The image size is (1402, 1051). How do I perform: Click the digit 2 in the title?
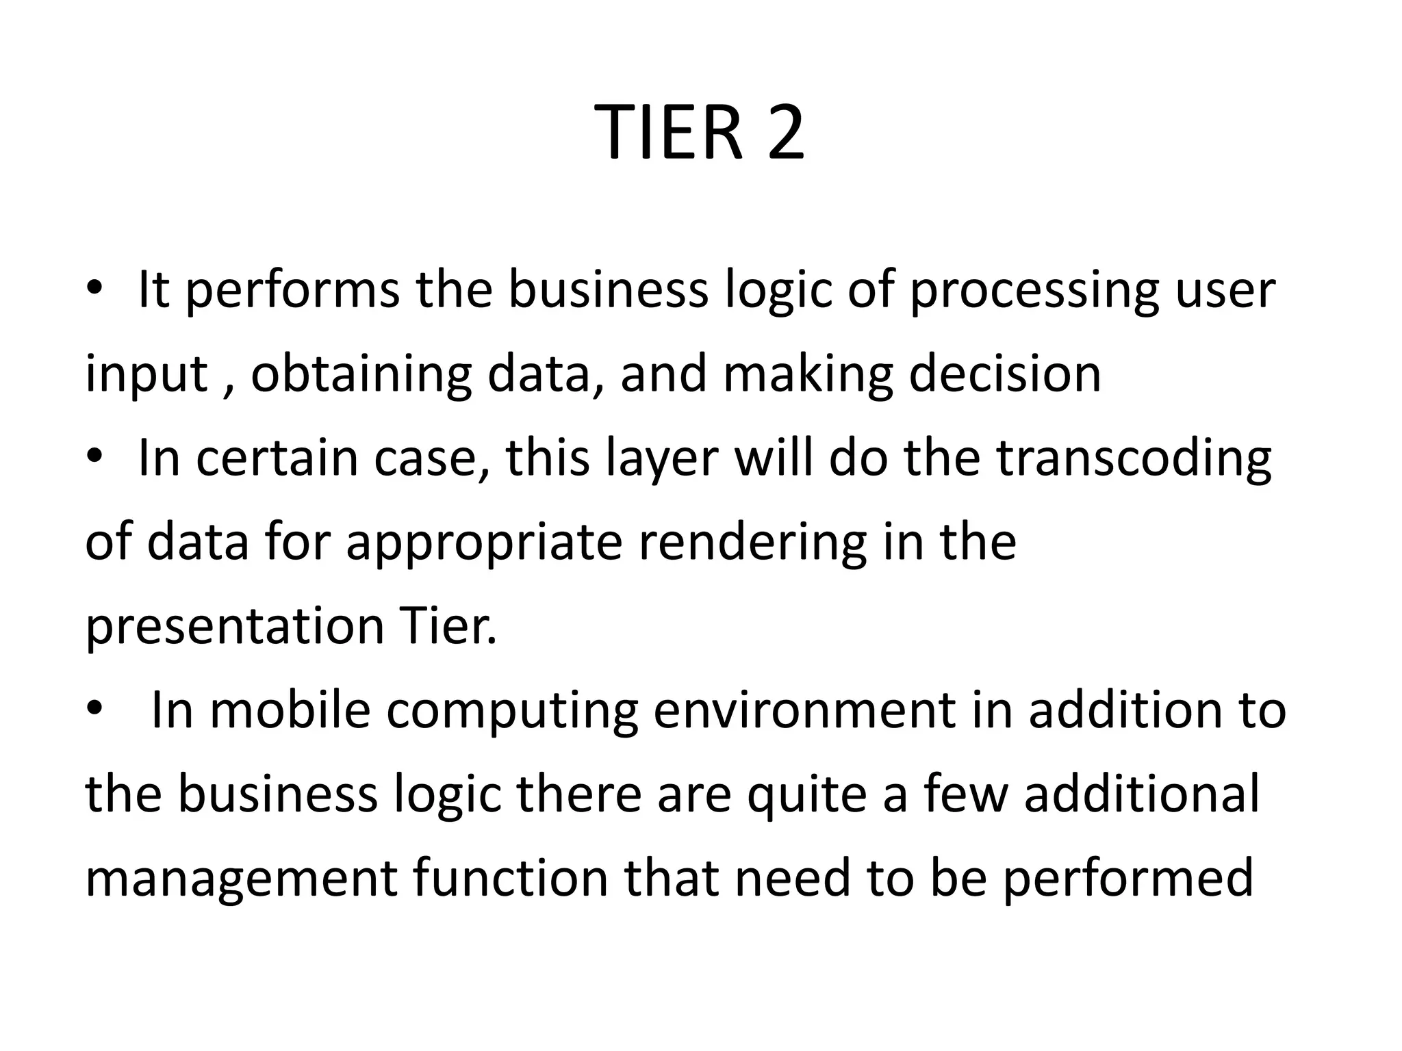(785, 133)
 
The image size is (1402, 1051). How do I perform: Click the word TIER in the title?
(671, 133)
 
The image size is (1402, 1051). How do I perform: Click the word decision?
(1005, 374)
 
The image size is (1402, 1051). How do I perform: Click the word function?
(511, 879)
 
